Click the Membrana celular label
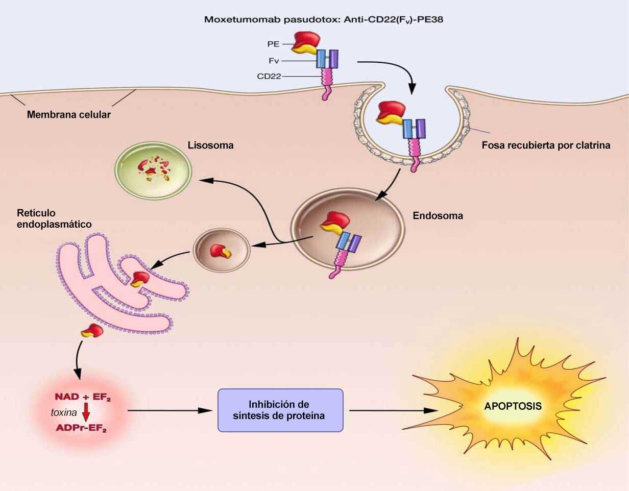coord(68,114)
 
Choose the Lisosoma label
coord(210,145)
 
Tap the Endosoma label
coord(438,215)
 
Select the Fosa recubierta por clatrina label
coord(546,145)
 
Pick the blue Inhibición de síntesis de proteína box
coord(280,410)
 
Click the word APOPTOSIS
coord(513,407)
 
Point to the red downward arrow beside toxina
coord(86,412)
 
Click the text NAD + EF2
coord(82,397)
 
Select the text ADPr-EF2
coord(81,428)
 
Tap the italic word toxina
coord(63,412)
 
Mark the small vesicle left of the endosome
coord(221,250)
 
